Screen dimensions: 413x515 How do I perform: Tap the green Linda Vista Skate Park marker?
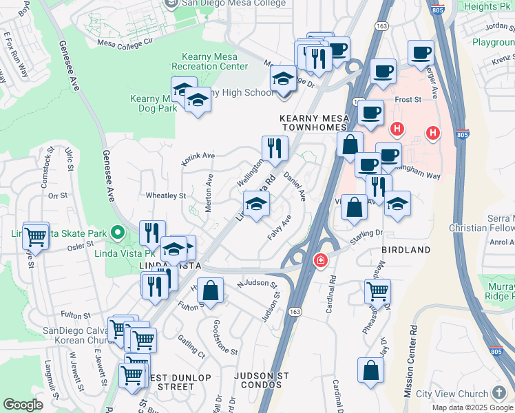[x=118, y=233]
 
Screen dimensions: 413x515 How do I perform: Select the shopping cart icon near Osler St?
[x=35, y=235]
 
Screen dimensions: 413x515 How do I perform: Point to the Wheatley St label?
[x=166, y=195]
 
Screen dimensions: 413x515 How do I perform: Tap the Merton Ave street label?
[x=209, y=192]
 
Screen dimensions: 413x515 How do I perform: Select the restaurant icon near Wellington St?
[x=275, y=148]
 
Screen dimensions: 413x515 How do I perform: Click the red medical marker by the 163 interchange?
[x=320, y=260]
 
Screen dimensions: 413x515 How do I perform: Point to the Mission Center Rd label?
[x=410, y=361]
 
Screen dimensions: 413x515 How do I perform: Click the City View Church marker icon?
[x=499, y=394]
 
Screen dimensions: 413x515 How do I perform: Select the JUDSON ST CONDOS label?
[x=262, y=380]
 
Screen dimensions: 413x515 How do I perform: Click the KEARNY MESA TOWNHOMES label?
[x=315, y=123]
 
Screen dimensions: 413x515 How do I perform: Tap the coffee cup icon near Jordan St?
[x=420, y=52]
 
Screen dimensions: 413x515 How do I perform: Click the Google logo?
[x=23, y=404]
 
